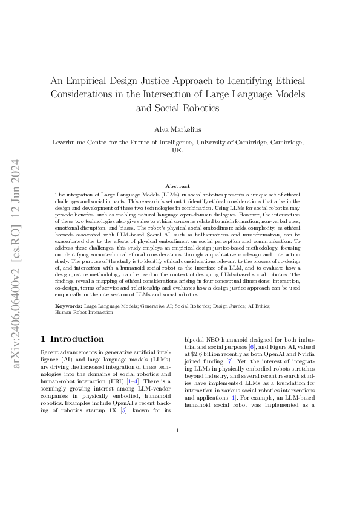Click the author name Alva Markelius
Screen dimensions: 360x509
tap(180, 129)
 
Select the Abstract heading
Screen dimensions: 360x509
tap(180, 186)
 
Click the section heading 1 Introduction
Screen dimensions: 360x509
tap(71, 339)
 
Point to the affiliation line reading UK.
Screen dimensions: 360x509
tap(179, 151)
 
